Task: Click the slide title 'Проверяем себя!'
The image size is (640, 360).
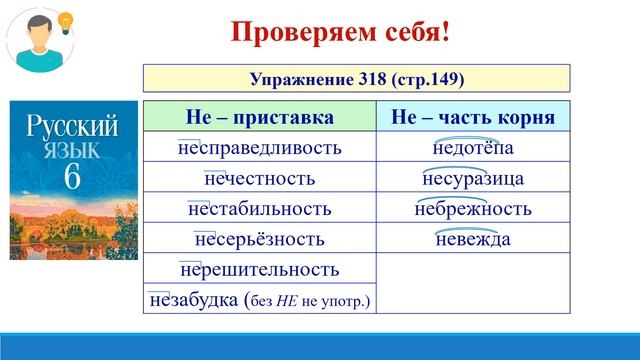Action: pos(341,31)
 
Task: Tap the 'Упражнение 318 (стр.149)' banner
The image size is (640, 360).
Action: pos(357,78)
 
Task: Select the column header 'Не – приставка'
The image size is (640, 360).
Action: pos(260,117)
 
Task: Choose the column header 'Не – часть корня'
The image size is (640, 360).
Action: pos(473,117)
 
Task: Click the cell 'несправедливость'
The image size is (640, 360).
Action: pos(259,148)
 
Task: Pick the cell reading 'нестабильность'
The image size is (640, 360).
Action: pos(259,209)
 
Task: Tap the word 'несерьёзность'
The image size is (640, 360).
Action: pos(260,239)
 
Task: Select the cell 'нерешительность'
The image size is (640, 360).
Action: pos(260,270)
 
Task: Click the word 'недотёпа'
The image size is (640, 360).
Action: pos(473,148)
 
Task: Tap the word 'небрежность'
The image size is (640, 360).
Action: pos(473,209)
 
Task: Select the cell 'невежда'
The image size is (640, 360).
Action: pos(473,239)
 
